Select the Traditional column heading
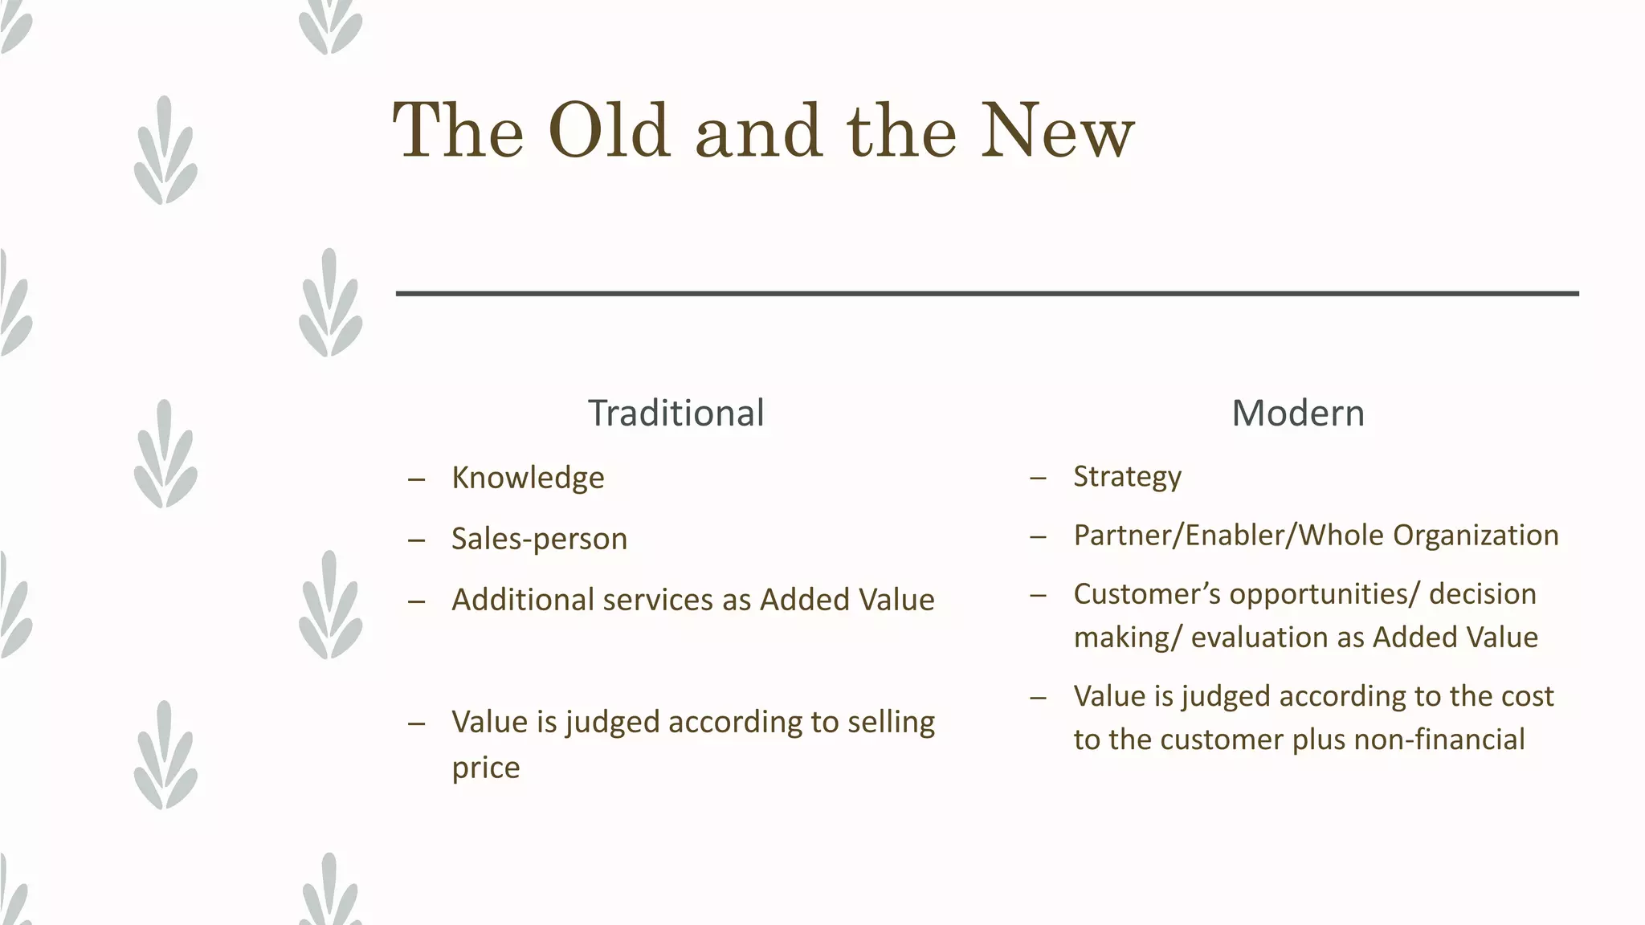(x=676, y=414)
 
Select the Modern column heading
(x=1298, y=414)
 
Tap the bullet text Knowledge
(x=528, y=478)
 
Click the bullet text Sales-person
(x=539, y=539)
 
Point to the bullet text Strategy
(x=1127, y=476)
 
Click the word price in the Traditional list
(x=485, y=768)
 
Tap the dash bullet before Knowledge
(x=416, y=479)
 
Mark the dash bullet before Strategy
(x=1038, y=478)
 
